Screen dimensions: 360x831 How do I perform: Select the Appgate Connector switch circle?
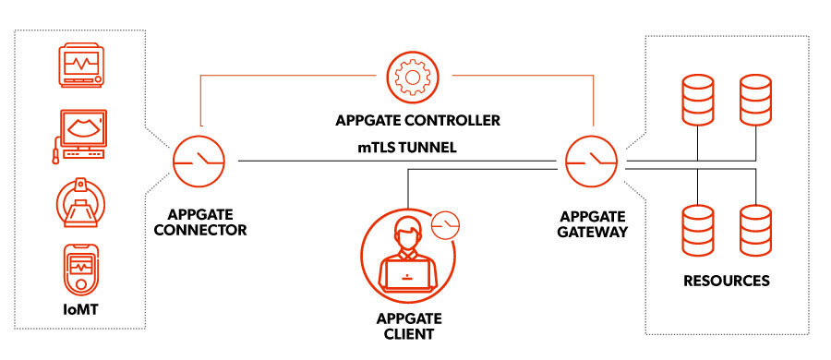pos(197,161)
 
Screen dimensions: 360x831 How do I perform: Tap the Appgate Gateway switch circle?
pos(590,161)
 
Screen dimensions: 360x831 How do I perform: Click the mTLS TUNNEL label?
pos(406,147)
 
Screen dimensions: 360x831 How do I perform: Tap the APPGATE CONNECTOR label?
pos(200,222)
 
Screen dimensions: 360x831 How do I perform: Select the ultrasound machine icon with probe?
pos(80,135)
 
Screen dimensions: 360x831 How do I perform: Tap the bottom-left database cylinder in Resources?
pos(698,231)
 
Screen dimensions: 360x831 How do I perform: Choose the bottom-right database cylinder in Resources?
pos(755,231)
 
